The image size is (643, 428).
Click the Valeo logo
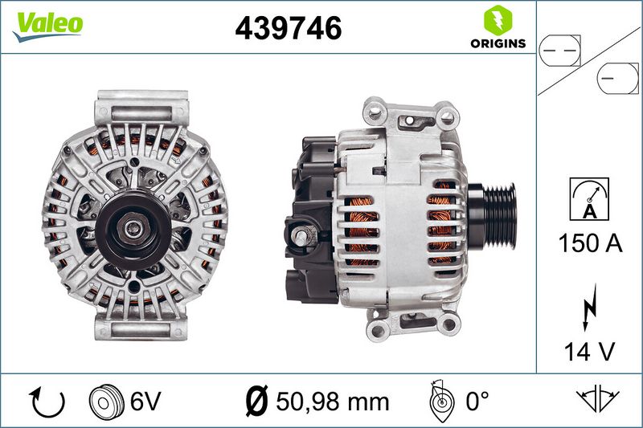[x=48, y=26]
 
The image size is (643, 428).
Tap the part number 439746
[x=289, y=28]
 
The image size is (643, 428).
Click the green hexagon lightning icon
[x=498, y=20]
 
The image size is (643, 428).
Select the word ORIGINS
[x=498, y=43]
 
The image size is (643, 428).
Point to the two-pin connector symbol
[x=559, y=51]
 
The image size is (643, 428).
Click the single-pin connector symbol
[x=617, y=78]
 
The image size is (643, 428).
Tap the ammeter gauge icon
[x=589, y=199]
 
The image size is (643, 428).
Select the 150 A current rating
[x=590, y=243]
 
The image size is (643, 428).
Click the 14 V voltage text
[x=590, y=352]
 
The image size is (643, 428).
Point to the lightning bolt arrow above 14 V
[x=590, y=308]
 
